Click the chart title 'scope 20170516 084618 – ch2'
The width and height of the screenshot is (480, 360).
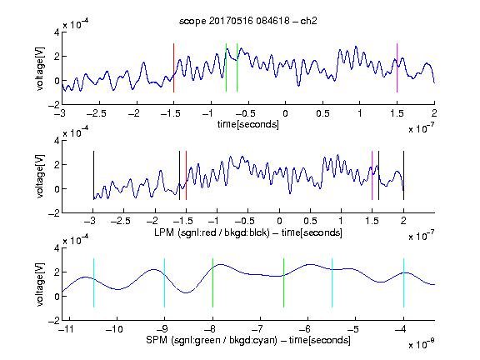(x=248, y=21)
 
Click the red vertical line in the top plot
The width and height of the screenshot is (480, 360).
(x=173, y=67)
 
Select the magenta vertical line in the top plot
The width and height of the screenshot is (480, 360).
(x=397, y=67)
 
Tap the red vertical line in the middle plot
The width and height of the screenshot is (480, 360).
(x=186, y=175)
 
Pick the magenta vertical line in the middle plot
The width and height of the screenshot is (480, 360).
(x=372, y=175)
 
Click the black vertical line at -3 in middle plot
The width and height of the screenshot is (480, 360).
(x=93, y=175)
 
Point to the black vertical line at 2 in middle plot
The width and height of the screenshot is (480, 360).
(x=403, y=175)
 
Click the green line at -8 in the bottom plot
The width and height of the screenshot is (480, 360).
(x=212, y=282)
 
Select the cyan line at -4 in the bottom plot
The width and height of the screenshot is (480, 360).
(x=403, y=282)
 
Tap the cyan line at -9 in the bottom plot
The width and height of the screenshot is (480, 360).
(x=164, y=282)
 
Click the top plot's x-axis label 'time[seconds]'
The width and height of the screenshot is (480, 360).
(x=248, y=124)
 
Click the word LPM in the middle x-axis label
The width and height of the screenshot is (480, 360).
(x=164, y=232)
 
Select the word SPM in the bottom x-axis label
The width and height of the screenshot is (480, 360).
(x=157, y=340)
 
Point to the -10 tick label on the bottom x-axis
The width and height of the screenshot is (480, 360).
(x=114, y=329)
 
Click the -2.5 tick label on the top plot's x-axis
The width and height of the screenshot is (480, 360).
(x=97, y=113)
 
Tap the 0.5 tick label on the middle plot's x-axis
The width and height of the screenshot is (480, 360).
(x=310, y=221)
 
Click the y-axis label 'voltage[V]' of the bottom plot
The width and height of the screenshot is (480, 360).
(x=40, y=284)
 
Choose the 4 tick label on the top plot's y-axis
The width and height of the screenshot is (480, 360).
(x=57, y=32)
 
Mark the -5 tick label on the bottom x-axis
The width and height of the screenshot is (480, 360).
(x=352, y=329)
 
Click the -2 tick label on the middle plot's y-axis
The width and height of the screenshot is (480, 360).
(x=54, y=213)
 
